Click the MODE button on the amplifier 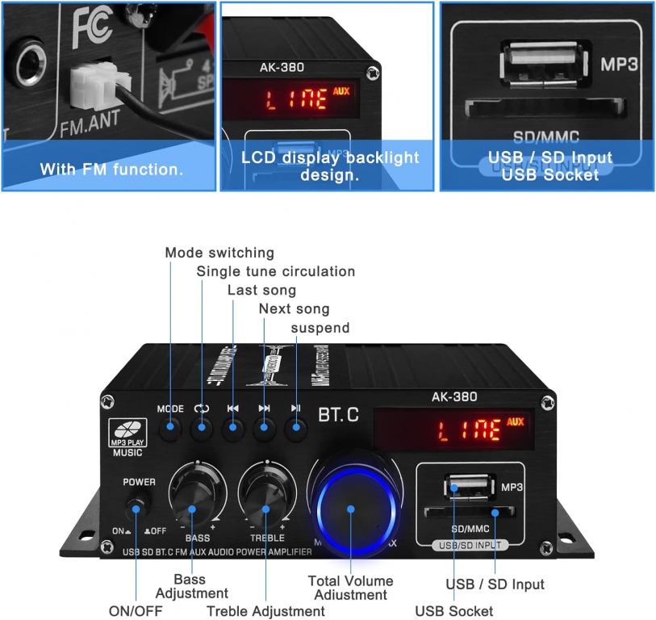(x=170, y=428)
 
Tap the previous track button (x=233, y=428)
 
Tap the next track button (x=265, y=428)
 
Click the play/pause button (x=296, y=428)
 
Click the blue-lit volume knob (x=352, y=509)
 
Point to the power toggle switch (x=138, y=509)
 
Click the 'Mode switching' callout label (x=219, y=253)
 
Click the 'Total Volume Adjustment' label (x=351, y=588)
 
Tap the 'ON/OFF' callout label (x=136, y=610)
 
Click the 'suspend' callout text (x=320, y=328)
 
